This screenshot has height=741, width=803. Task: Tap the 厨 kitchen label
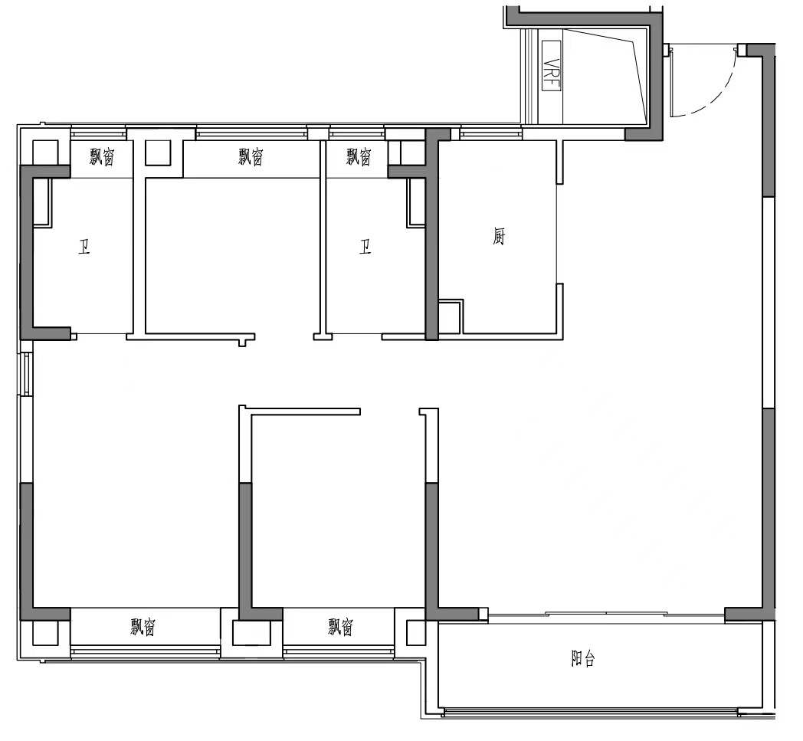(x=499, y=237)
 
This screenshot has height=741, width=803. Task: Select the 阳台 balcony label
(x=583, y=658)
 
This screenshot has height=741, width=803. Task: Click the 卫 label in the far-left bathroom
(x=84, y=248)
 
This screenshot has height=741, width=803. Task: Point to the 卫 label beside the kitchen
(x=365, y=248)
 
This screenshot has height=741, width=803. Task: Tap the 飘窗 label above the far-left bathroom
(x=103, y=156)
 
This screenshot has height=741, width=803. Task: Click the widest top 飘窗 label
(x=251, y=156)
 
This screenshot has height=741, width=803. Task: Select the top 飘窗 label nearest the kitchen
(x=359, y=156)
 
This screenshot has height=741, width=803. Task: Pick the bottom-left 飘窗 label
(x=143, y=626)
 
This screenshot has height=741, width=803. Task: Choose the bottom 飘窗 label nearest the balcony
(x=340, y=626)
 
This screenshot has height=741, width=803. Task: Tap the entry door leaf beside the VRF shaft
(x=671, y=82)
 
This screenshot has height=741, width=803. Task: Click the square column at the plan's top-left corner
(x=45, y=152)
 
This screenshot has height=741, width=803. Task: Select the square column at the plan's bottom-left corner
(x=45, y=633)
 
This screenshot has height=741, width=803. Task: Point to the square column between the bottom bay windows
(x=251, y=633)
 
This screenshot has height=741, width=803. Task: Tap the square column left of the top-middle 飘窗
(x=158, y=152)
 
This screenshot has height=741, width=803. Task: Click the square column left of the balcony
(x=415, y=633)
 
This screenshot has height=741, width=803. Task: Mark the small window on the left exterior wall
(x=27, y=374)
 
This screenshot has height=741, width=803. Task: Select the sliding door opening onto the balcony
(x=606, y=615)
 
